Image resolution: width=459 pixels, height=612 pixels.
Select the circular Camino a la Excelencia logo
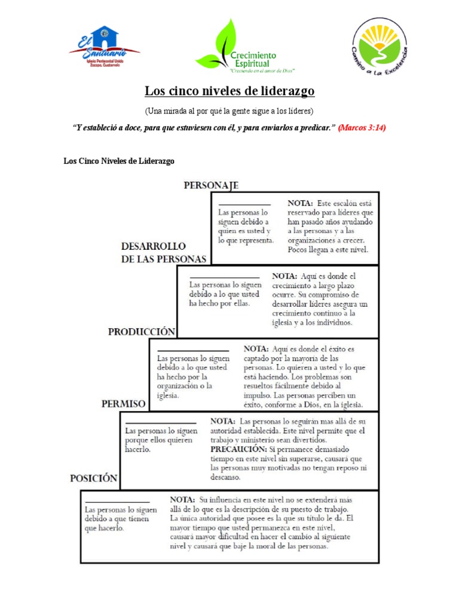tap(380, 45)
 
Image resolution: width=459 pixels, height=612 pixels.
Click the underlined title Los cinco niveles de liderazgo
tap(229, 91)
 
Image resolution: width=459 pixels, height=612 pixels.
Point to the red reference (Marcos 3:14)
tap(362, 128)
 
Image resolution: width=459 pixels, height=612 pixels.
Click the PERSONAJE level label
tap(211, 185)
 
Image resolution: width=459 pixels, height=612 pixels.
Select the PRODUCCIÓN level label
tap(142, 332)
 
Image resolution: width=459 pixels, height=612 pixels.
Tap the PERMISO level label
tap(123, 404)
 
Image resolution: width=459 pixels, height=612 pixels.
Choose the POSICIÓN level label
tap(93, 478)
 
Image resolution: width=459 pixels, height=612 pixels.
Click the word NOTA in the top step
tap(302, 203)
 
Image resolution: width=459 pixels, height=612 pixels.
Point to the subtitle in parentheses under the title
tap(229, 112)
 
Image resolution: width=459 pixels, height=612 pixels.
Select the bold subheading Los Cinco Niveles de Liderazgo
tap(119, 161)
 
